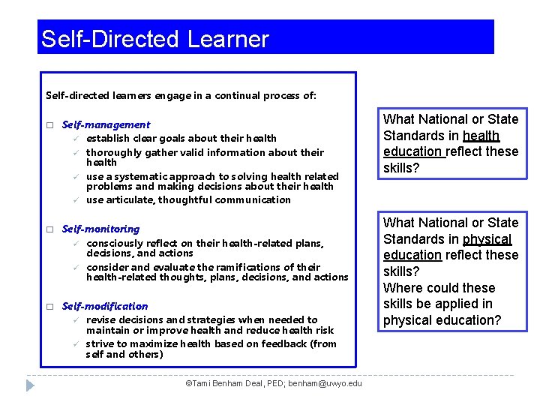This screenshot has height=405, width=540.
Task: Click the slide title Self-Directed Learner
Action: pos(154,39)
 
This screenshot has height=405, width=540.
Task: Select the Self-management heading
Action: pos(106,125)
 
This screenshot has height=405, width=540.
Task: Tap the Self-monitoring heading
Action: pos(100,229)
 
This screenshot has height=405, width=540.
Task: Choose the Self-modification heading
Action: pos(105,306)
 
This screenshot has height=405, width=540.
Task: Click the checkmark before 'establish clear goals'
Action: pos(76,138)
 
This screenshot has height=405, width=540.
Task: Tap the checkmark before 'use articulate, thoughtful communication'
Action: pos(76,199)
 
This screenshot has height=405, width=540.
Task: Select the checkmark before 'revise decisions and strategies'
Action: pos(76,320)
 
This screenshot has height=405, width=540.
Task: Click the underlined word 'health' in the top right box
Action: pos(481,136)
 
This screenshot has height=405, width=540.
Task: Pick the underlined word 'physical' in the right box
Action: pos(487,239)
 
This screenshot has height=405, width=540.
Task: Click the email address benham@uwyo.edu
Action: pos(325,384)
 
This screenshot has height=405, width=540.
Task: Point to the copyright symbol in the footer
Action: pos(187,384)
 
